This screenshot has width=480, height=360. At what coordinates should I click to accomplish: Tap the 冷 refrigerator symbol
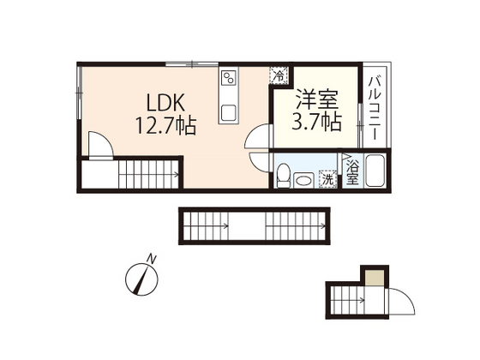pyautogui.click(x=279, y=75)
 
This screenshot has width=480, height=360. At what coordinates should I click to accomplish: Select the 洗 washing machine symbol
pyautogui.click(x=327, y=179)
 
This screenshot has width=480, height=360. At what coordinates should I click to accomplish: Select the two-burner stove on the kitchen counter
pyautogui.click(x=230, y=82)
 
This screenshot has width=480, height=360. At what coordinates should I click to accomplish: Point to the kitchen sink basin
pyautogui.click(x=229, y=112)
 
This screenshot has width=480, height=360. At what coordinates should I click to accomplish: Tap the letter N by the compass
pyautogui.click(x=151, y=257)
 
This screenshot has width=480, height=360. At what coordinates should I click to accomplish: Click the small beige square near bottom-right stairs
pyautogui.click(x=373, y=278)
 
